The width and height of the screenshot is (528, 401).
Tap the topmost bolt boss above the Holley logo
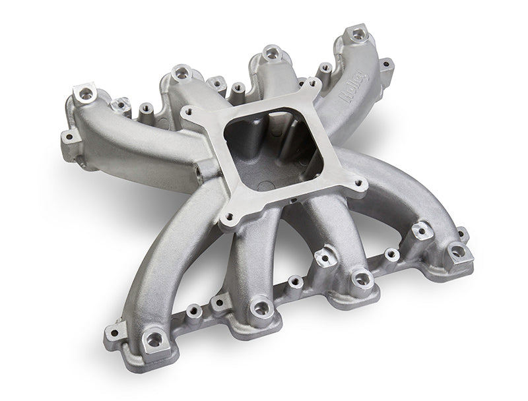pyautogui.click(x=357, y=32)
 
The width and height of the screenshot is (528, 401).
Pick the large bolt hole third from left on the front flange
pyautogui.click(x=360, y=280)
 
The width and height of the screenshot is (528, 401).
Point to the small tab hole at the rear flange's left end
pyautogui.click(x=67, y=137)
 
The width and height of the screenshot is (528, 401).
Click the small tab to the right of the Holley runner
pyautogui.click(x=387, y=65)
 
